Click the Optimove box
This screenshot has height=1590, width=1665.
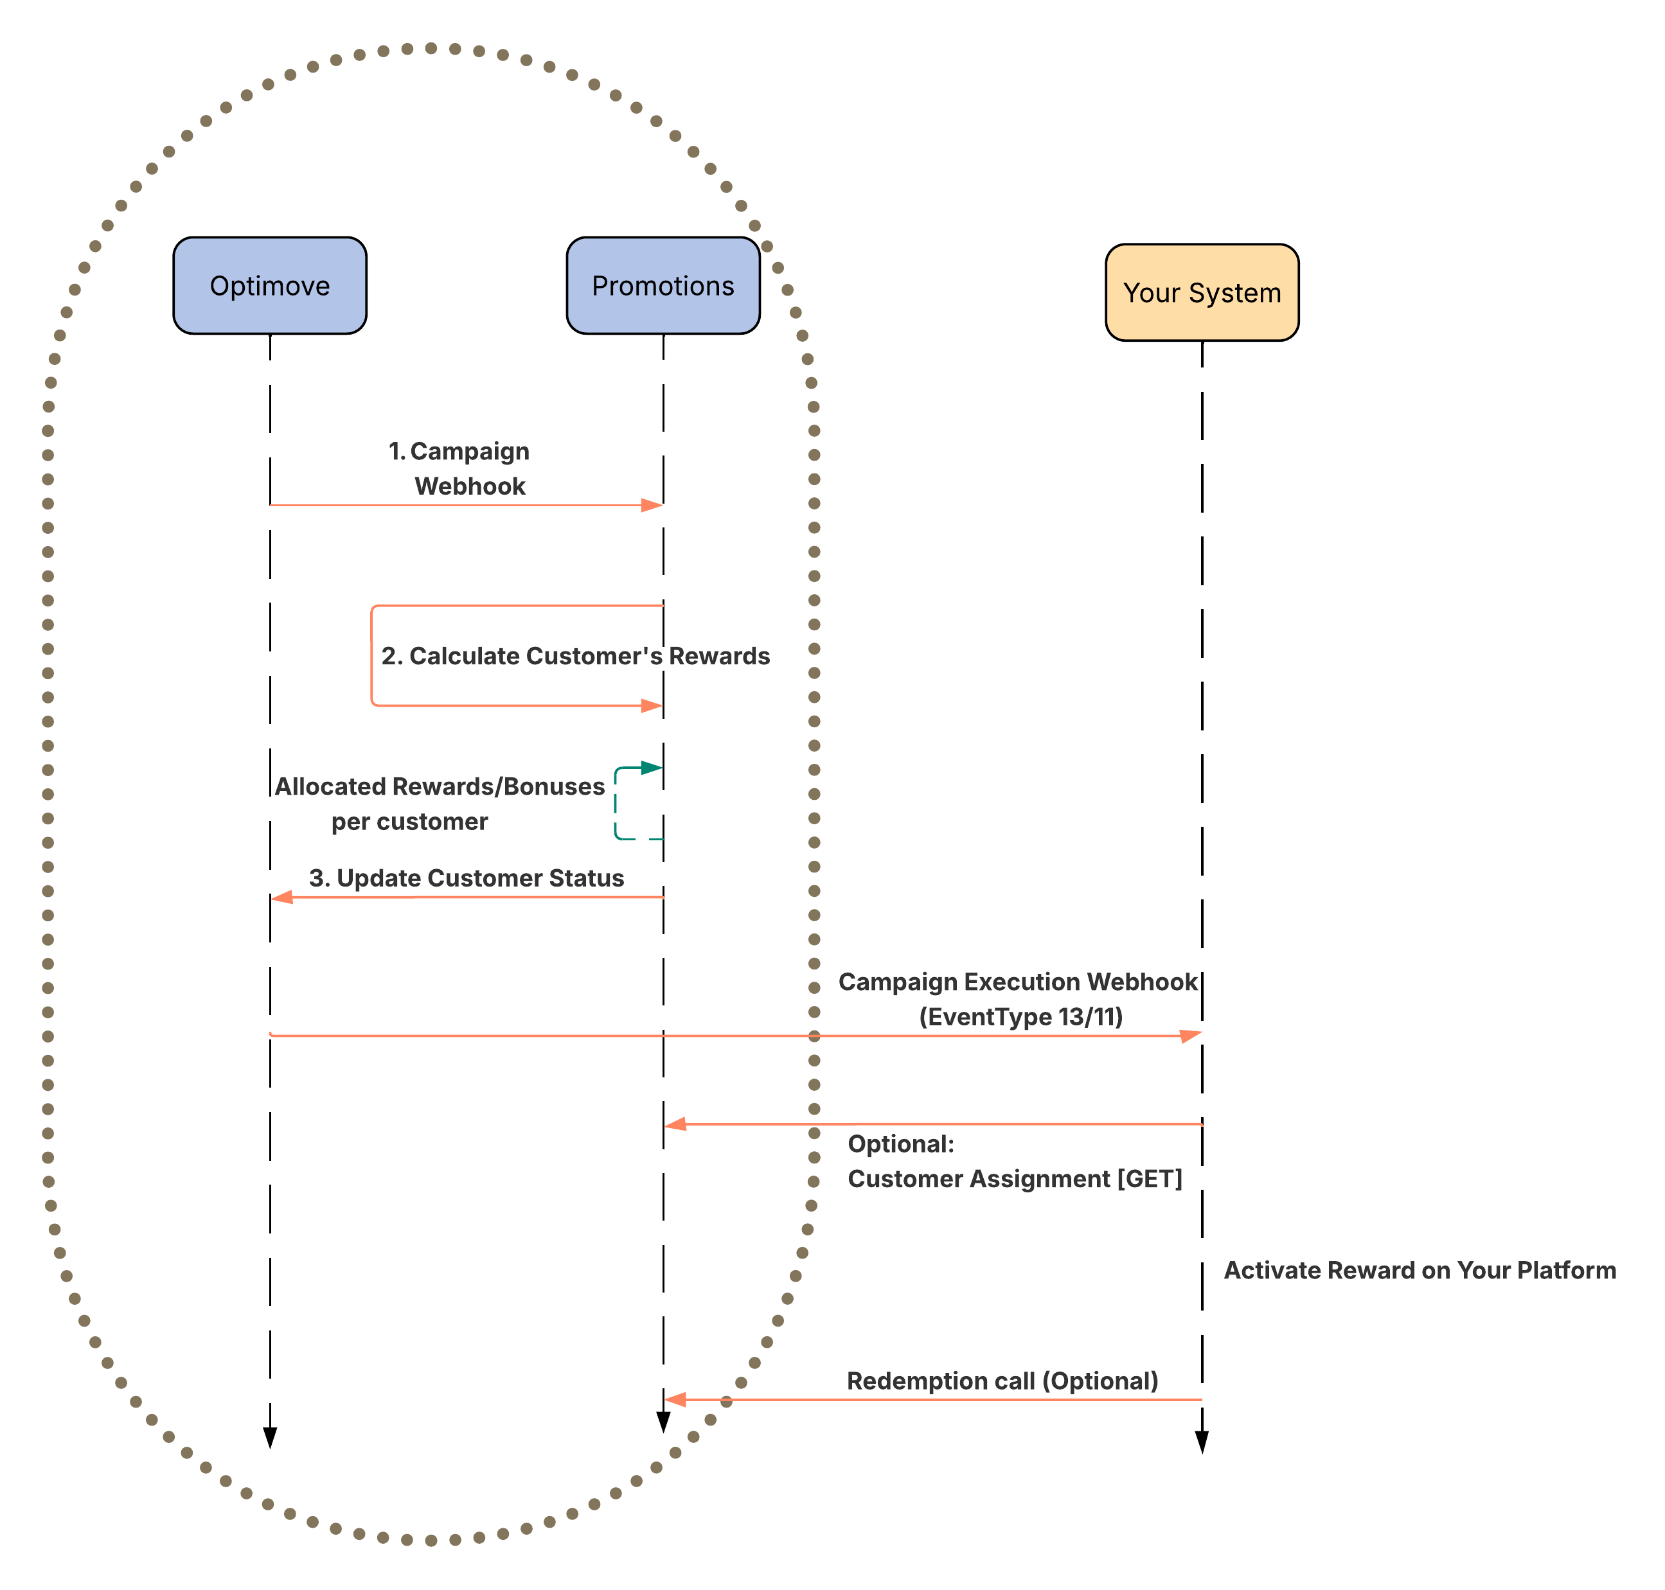(270, 286)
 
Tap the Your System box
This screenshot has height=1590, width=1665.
(1201, 292)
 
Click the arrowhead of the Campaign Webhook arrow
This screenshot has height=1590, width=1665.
(651, 505)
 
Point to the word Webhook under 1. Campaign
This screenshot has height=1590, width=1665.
(470, 486)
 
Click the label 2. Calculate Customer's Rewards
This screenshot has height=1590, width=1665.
(574, 656)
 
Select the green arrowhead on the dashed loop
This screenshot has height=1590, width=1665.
(650, 768)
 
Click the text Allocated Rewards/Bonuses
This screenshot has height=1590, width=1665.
(439, 786)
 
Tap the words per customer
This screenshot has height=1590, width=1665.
(409, 821)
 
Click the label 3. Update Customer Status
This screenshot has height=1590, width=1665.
(467, 878)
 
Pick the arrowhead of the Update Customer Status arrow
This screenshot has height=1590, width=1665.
(282, 897)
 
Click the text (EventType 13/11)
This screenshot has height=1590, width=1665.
(1020, 1016)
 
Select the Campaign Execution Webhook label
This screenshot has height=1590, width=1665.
(1017, 982)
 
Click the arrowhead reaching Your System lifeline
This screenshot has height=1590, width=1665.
(1190, 1036)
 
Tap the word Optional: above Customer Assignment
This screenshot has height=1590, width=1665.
(900, 1144)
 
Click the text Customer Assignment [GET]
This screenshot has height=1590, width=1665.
(1014, 1179)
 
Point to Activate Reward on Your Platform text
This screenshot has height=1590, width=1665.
(1419, 1271)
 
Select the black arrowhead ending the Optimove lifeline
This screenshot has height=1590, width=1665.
(270, 1438)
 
